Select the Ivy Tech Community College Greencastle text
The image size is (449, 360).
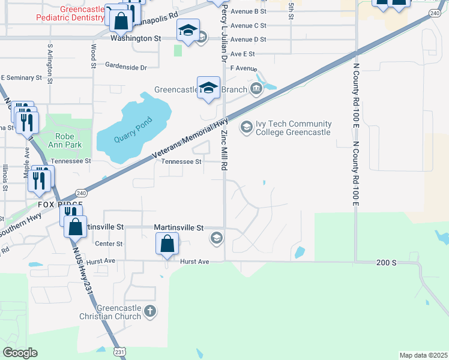pyautogui.click(x=294, y=128)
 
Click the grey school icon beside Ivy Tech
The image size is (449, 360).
pyautogui.click(x=246, y=127)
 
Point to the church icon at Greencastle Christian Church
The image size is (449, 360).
pyautogui.click(x=150, y=311)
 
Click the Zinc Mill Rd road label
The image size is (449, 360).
pyautogui.click(x=225, y=150)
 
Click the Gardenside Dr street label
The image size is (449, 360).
pyautogui.click(x=126, y=67)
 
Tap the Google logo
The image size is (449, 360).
pyautogui.click(x=20, y=353)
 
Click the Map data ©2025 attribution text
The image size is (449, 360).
pyautogui.click(x=423, y=355)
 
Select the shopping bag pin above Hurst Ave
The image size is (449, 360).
pyautogui.click(x=167, y=244)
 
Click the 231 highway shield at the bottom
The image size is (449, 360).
pyautogui.click(x=119, y=352)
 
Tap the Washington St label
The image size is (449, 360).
pyautogui.click(x=136, y=38)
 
